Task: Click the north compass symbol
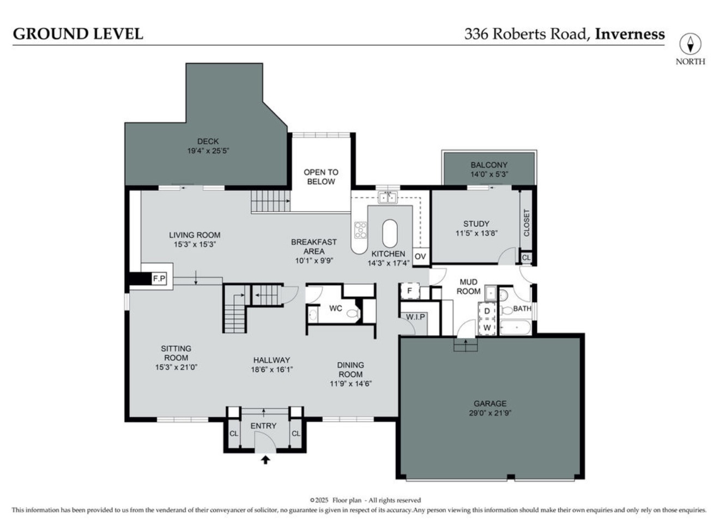coord(690,44)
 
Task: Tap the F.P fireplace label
coord(159,279)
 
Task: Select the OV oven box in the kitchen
coord(420,256)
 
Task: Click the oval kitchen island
coord(390,234)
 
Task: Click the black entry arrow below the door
coord(265,460)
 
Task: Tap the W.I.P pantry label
coord(415,317)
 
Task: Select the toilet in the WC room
coord(353,314)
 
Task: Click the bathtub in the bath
coord(515,328)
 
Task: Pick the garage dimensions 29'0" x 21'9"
coord(490,413)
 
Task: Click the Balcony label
coord(489,165)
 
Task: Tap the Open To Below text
coord(321,177)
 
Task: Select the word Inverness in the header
coord(630,34)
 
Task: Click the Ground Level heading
coord(78,34)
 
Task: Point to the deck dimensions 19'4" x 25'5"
coord(208,150)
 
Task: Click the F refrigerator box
coord(410,291)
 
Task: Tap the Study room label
coord(476,224)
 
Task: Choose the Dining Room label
coord(351,370)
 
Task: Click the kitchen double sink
coord(388,197)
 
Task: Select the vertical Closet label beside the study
coord(527,222)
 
